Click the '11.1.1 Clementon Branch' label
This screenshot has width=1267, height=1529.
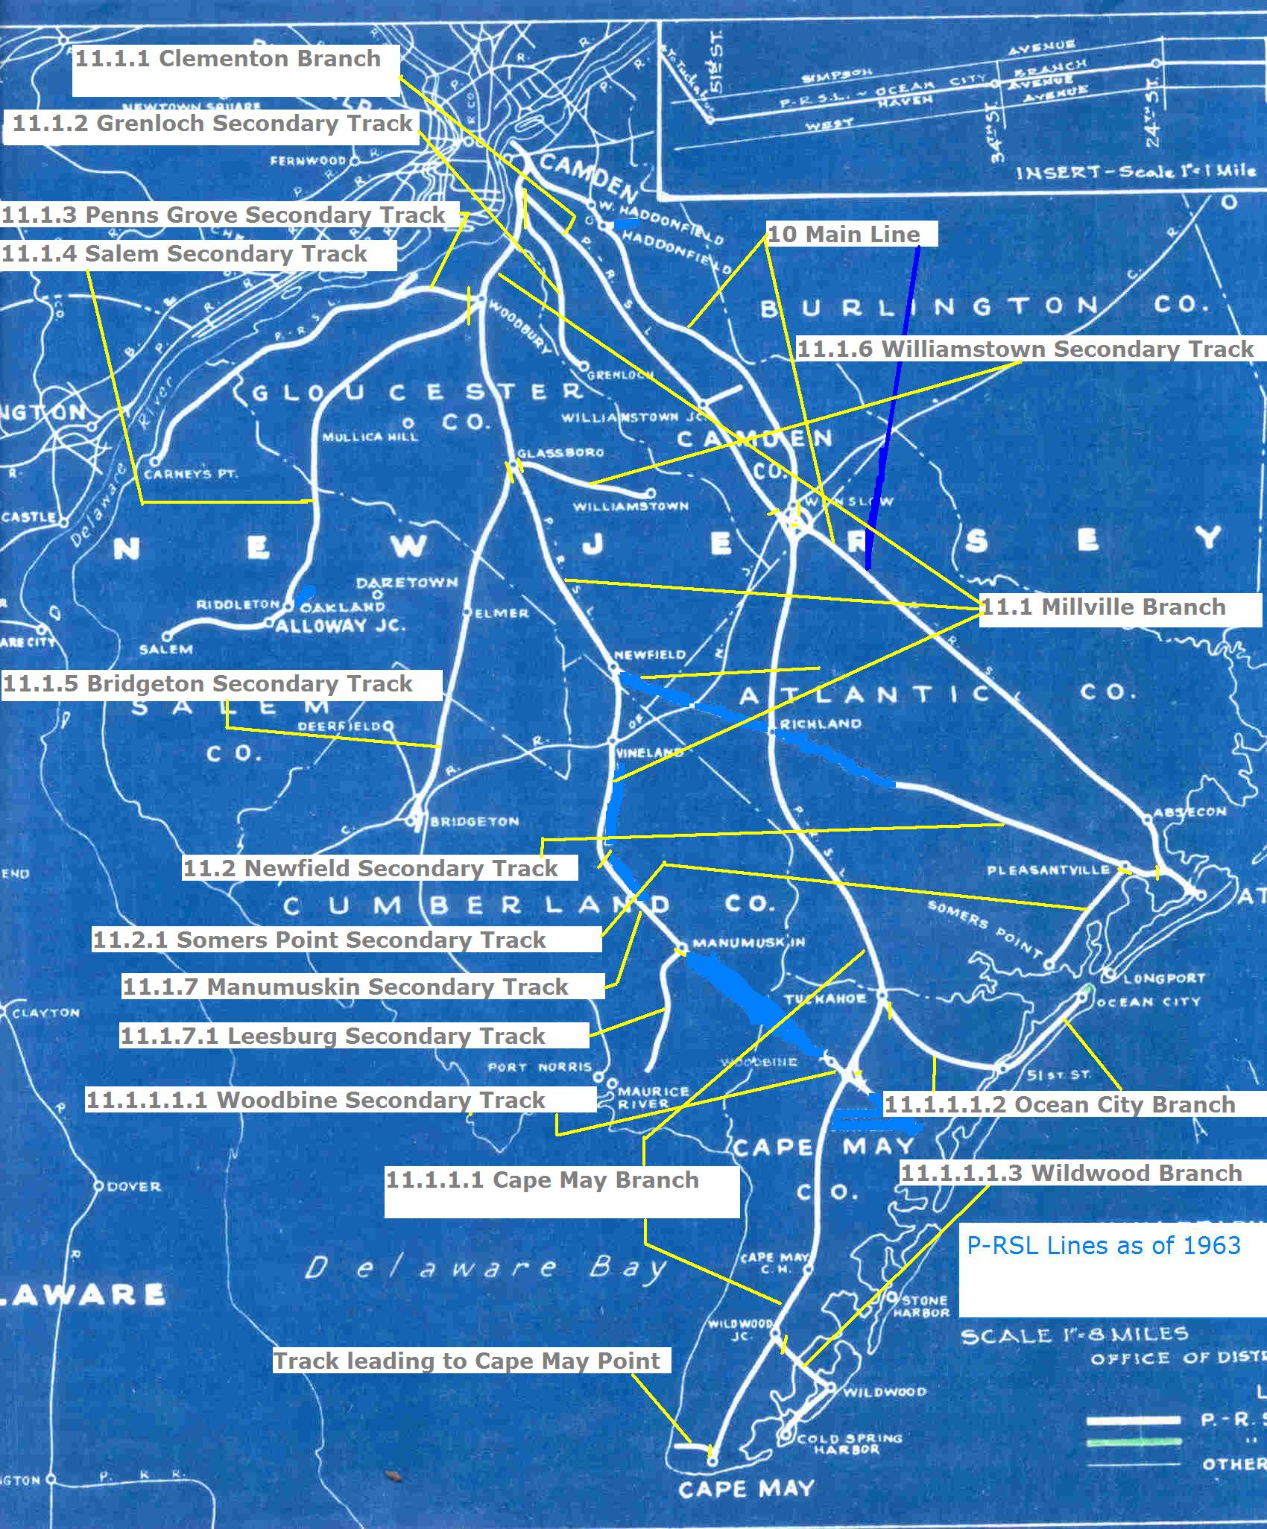click(x=228, y=59)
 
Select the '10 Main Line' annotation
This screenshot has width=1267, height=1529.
click(x=844, y=235)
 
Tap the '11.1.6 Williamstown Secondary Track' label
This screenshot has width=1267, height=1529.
click(x=1026, y=349)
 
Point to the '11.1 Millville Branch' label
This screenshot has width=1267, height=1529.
click(x=1103, y=607)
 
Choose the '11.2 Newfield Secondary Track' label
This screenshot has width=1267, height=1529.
click(x=370, y=867)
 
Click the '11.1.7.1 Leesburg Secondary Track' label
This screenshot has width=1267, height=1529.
click(x=332, y=1036)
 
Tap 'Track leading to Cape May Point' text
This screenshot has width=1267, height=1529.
click(x=467, y=1361)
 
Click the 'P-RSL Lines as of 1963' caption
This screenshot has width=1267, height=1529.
click(x=1104, y=1245)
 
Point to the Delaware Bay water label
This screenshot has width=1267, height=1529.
click(x=484, y=1268)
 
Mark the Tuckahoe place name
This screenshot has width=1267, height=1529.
click(x=824, y=998)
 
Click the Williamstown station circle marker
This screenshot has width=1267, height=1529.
click(x=651, y=493)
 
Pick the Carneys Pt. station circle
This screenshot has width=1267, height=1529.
click(x=155, y=460)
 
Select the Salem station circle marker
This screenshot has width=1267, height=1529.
click(x=168, y=636)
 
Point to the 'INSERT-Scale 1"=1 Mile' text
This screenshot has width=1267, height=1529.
click(x=1136, y=173)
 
